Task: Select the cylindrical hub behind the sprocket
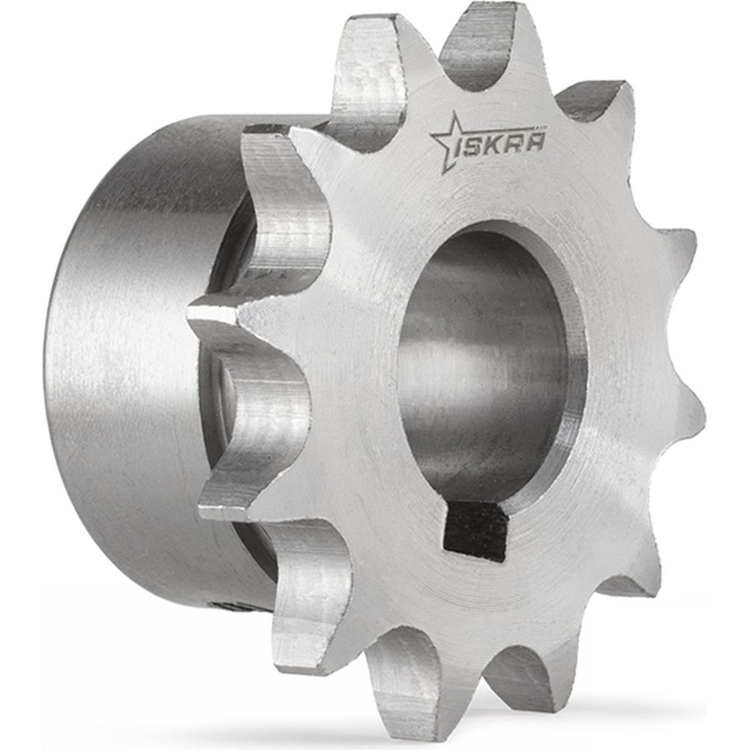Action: pos(127,360)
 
